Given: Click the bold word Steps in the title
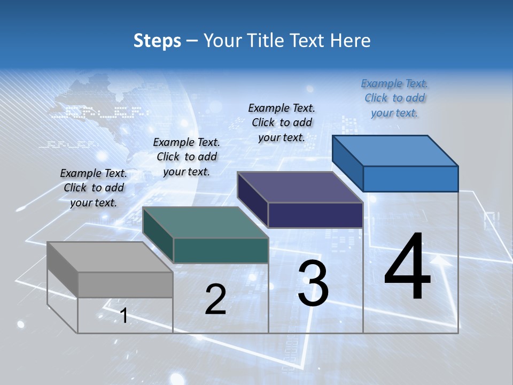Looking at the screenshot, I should coord(157,41).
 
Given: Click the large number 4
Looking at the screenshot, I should coord(407,267).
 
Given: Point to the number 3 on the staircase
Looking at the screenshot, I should coord(313,283).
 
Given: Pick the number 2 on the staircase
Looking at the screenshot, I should coord(215,299).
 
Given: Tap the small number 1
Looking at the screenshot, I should coord(124,315).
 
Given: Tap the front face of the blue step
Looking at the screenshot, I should coord(410,179).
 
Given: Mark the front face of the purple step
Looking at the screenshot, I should coord(315,215).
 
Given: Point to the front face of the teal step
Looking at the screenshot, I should coord(221,250).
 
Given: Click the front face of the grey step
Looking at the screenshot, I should coord(125,284).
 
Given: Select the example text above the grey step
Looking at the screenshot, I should coord(94,188).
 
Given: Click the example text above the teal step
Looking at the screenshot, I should coord(186,157).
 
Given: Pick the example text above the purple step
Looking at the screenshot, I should coord(282,122).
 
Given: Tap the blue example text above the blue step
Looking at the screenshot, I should coord(394,98).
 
